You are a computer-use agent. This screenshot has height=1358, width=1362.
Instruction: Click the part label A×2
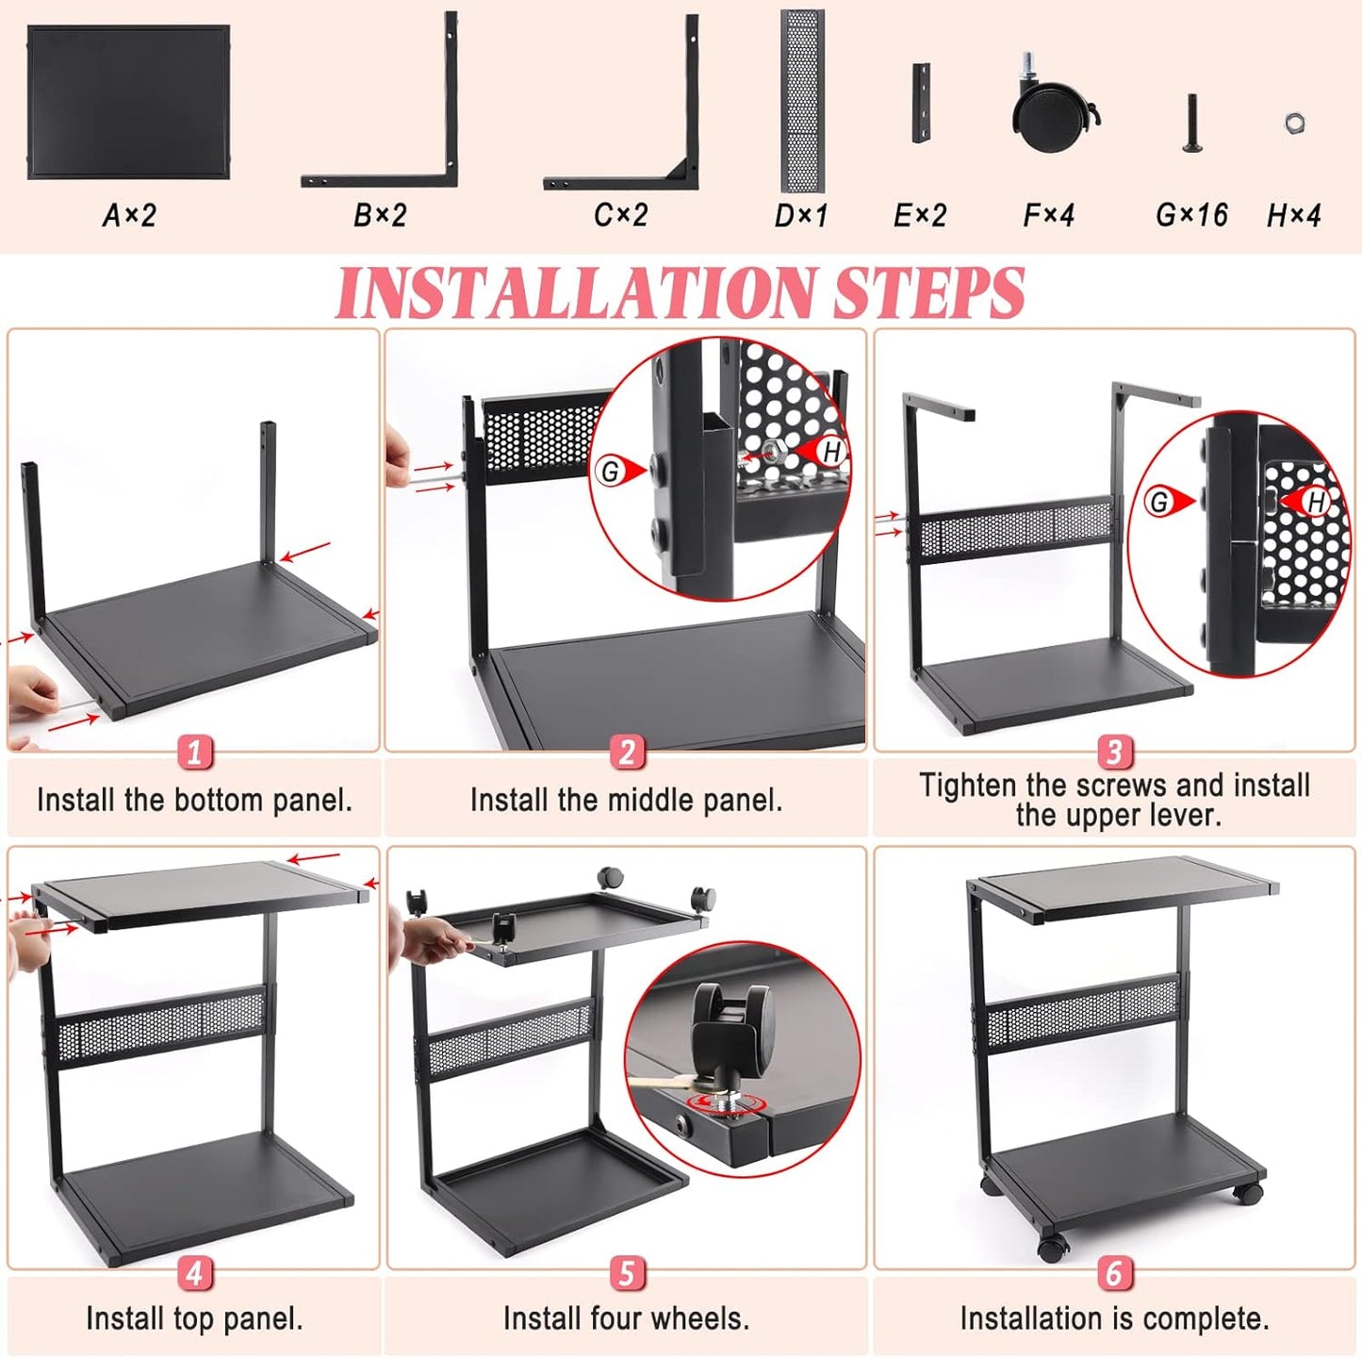click(129, 216)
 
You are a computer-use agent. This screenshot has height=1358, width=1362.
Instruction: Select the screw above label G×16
click(1191, 124)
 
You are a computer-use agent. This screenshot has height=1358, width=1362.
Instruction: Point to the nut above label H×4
click(1294, 123)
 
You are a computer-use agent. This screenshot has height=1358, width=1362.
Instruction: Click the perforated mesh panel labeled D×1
click(802, 101)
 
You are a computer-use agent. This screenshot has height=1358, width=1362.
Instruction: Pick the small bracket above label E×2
click(921, 104)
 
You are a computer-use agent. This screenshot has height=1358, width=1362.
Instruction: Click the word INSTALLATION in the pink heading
click(576, 292)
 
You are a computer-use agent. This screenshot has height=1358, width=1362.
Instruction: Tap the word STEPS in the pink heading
click(928, 292)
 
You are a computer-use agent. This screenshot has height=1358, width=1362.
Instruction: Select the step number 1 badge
click(194, 753)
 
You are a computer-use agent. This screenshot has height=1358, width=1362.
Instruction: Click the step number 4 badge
click(194, 1273)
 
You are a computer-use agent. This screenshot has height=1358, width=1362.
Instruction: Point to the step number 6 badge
click(1114, 1273)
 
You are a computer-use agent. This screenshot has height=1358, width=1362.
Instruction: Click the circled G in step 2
click(610, 471)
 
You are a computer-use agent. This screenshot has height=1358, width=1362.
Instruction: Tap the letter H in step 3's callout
click(1316, 503)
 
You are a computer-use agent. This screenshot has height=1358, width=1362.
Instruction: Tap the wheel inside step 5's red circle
click(731, 1025)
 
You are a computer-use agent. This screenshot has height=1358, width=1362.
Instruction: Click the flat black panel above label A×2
click(129, 101)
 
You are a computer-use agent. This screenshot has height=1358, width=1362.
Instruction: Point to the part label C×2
click(620, 216)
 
